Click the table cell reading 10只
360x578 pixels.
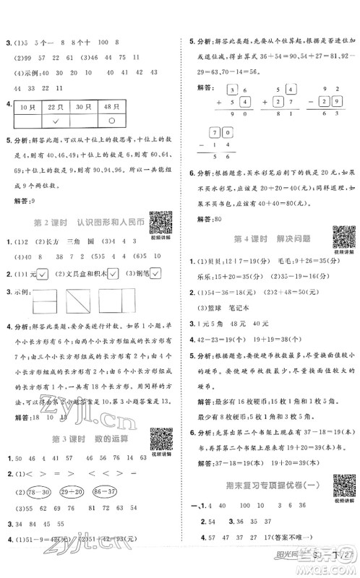click(28, 107)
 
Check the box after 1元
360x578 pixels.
click(43, 273)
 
